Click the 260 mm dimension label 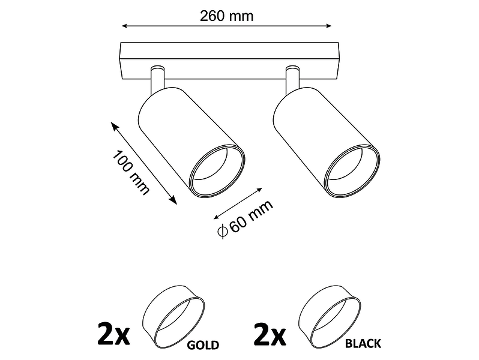click(x=227, y=16)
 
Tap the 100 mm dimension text click(x=131, y=172)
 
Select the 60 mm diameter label click(x=246, y=218)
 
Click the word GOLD click(x=203, y=345)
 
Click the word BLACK click(x=363, y=344)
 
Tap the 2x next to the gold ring click(x=113, y=333)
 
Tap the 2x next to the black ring click(x=270, y=333)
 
